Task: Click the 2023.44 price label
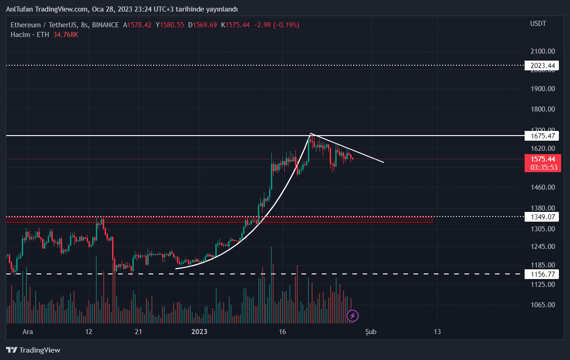point(541,66)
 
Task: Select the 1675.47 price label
point(541,136)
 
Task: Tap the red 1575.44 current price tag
point(542,159)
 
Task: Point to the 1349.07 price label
point(541,217)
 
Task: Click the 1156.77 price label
point(541,274)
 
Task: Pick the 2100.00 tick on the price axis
point(543,51)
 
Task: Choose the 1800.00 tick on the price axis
point(543,109)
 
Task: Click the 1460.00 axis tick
point(543,187)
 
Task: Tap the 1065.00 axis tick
point(543,304)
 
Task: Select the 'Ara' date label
point(28,332)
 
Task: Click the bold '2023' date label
point(200,332)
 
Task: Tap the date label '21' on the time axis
point(138,332)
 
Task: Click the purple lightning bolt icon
point(353,316)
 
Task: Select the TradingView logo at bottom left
point(33,350)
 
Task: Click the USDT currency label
point(538,24)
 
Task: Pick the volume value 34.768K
point(66,35)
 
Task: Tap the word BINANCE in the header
point(105,25)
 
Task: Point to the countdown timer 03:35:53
point(542,167)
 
